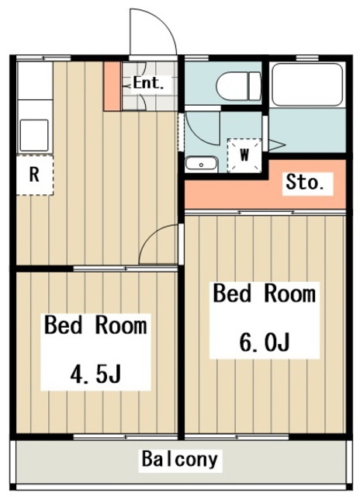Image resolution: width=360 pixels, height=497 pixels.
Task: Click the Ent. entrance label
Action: point(148,83)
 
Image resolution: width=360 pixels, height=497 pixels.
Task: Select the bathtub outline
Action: point(307,85)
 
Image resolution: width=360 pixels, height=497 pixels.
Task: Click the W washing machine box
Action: point(244,155)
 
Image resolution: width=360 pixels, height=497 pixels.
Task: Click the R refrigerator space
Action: point(34,175)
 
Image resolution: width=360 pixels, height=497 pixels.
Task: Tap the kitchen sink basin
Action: point(34,135)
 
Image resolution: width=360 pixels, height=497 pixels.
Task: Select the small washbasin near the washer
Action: point(202,164)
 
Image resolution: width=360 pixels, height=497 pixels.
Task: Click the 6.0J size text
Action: point(265,342)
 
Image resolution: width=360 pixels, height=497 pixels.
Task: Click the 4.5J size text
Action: point(95,374)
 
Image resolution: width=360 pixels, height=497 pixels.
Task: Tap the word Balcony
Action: point(179,460)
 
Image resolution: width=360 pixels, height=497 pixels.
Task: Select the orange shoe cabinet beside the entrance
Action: point(112,86)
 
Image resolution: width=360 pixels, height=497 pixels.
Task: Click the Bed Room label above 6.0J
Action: point(265,294)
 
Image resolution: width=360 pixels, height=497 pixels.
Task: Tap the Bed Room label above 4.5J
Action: point(95,325)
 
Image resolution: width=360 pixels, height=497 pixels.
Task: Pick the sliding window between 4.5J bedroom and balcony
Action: point(126,437)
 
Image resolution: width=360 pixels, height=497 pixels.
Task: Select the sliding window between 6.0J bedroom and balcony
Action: point(237,437)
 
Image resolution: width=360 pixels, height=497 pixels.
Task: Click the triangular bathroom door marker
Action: point(275,145)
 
